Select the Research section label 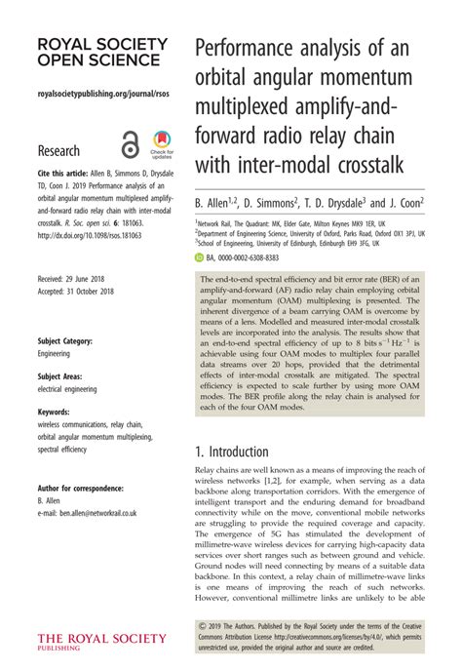58,150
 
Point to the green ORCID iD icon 199,257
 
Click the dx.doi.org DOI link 80,234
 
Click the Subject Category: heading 65,341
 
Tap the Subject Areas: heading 60,376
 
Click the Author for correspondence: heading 80,487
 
